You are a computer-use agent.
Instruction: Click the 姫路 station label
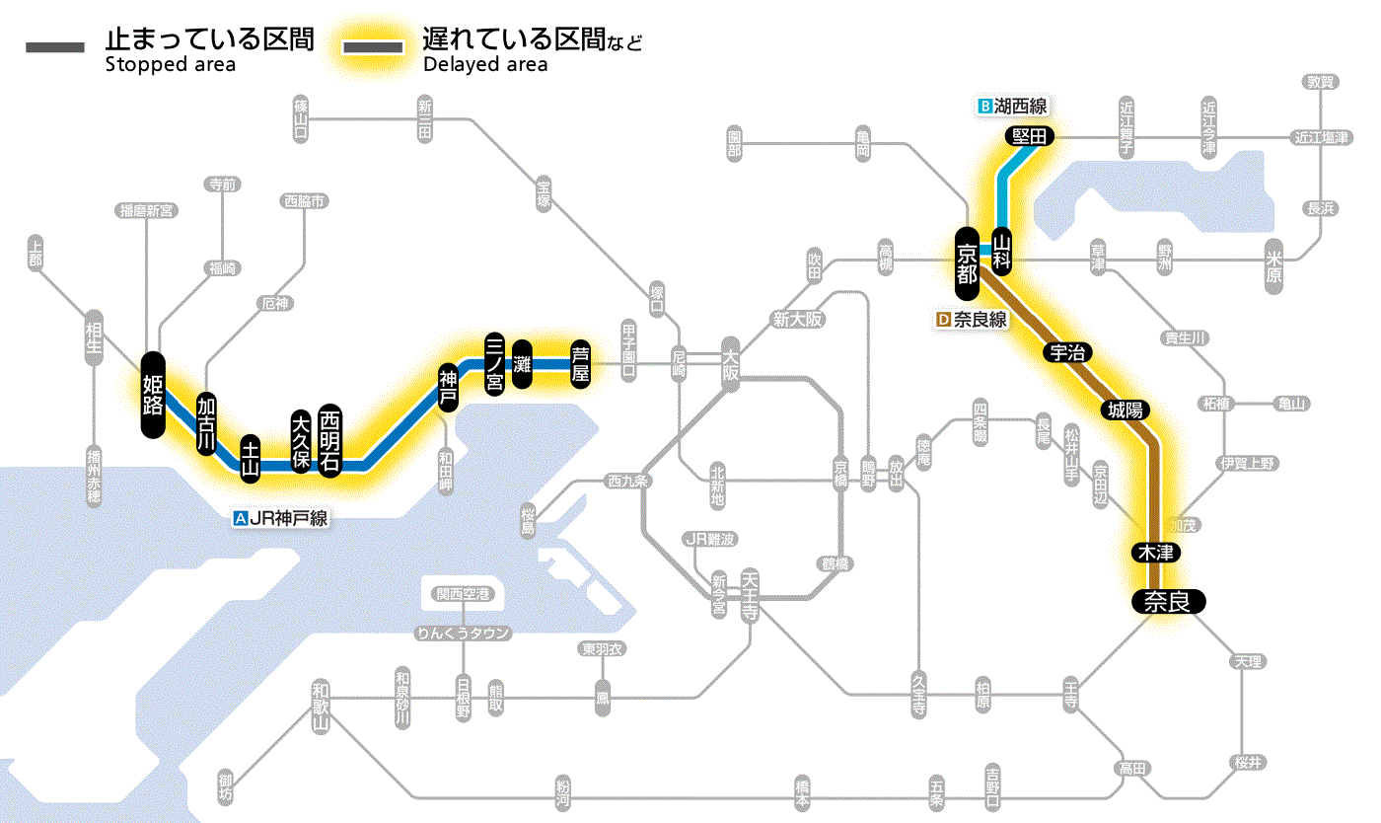[x=153, y=395]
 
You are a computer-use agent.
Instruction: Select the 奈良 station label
[x=1168, y=601]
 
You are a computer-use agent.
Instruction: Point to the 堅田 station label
[x=1029, y=136]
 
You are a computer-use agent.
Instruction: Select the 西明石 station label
[x=330, y=441]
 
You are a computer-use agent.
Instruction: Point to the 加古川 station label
[x=206, y=425]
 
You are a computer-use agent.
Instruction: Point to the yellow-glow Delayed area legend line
[x=372, y=47]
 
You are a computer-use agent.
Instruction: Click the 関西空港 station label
[x=464, y=594]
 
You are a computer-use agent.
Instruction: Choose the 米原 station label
[x=1274, y=265]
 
